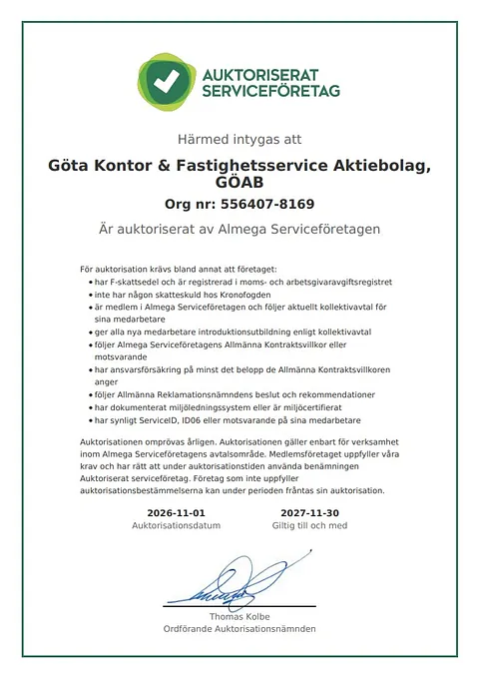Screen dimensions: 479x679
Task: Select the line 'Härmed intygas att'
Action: pos(239,140)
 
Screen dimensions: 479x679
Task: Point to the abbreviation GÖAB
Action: pos(239,184)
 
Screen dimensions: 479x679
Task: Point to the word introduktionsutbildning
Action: pos(237,331)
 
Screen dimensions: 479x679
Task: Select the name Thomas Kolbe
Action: pos(239,617)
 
